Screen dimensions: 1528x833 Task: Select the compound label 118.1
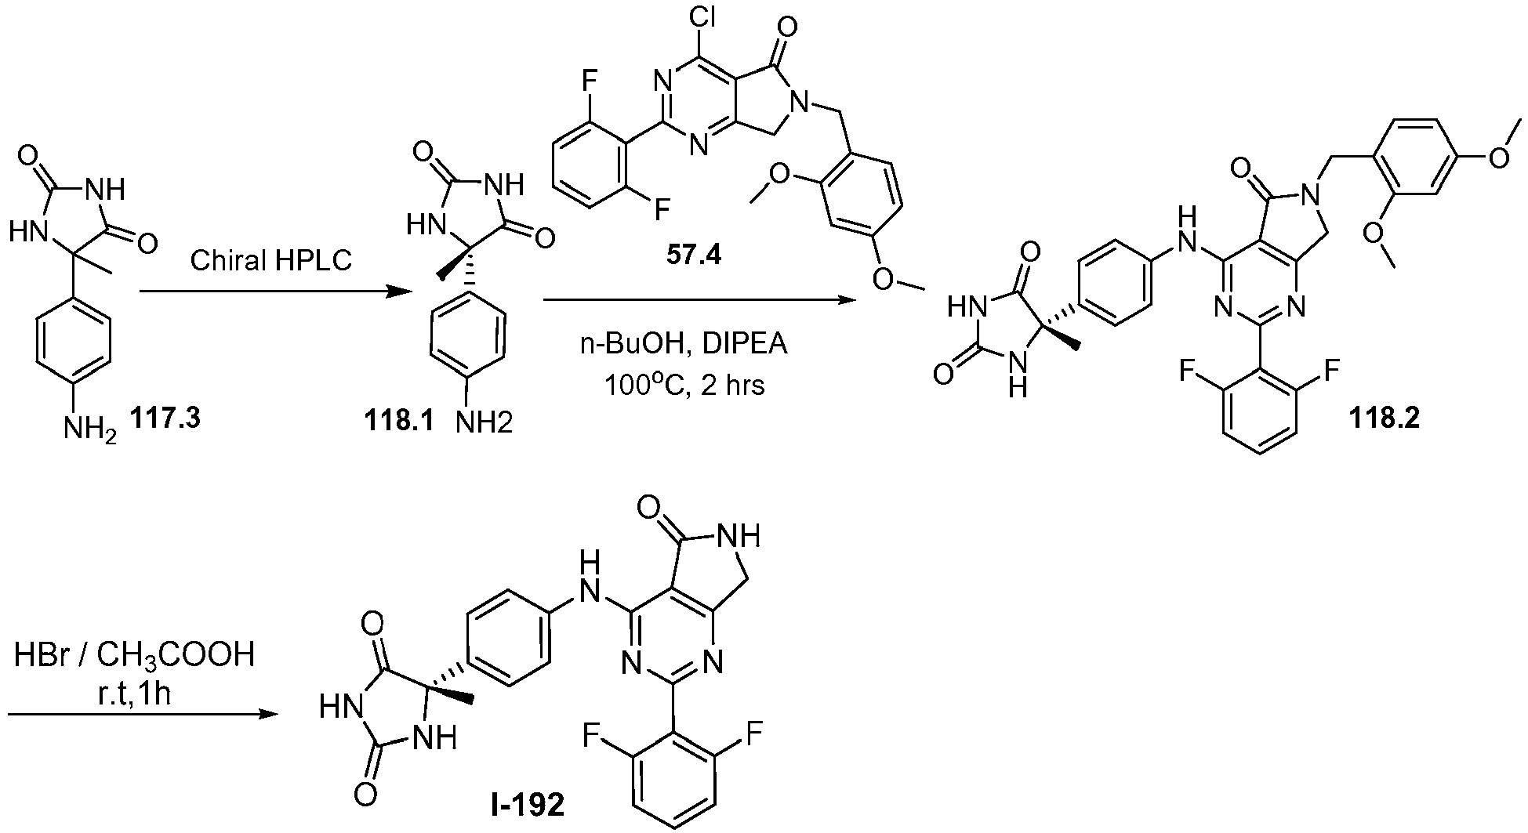pos(397,421)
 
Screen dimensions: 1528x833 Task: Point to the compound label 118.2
pos(1384,419)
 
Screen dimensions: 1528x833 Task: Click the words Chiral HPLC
pos(271,260)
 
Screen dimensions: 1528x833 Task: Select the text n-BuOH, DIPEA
pos(684,346)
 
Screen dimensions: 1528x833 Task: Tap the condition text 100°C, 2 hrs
pos(684,385)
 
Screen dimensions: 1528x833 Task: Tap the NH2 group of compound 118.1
pos(484,423)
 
